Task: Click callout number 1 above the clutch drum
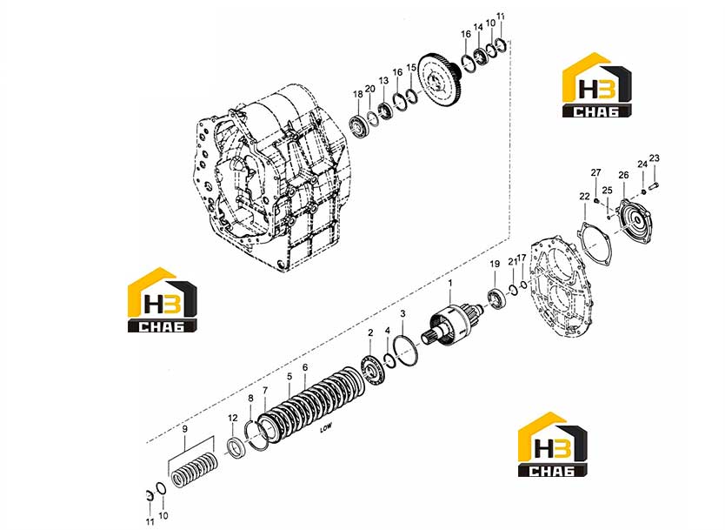[x=450, y=283]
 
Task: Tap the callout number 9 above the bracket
[x=185, y=429]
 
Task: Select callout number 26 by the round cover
[x=624, y=175]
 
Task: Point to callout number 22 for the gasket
[x=584, y=197]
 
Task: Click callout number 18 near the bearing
[x=358, y=95]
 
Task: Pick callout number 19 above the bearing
[x=495, y=264]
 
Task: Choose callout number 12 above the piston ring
[x=233, y=418]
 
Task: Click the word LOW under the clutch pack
[x=326, y=430]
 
